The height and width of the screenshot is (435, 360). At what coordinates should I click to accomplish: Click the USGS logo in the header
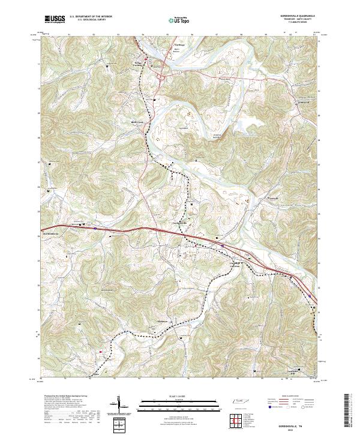[x=55, y=19]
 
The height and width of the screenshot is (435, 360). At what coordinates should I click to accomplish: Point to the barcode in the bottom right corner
[x=350, y=411]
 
